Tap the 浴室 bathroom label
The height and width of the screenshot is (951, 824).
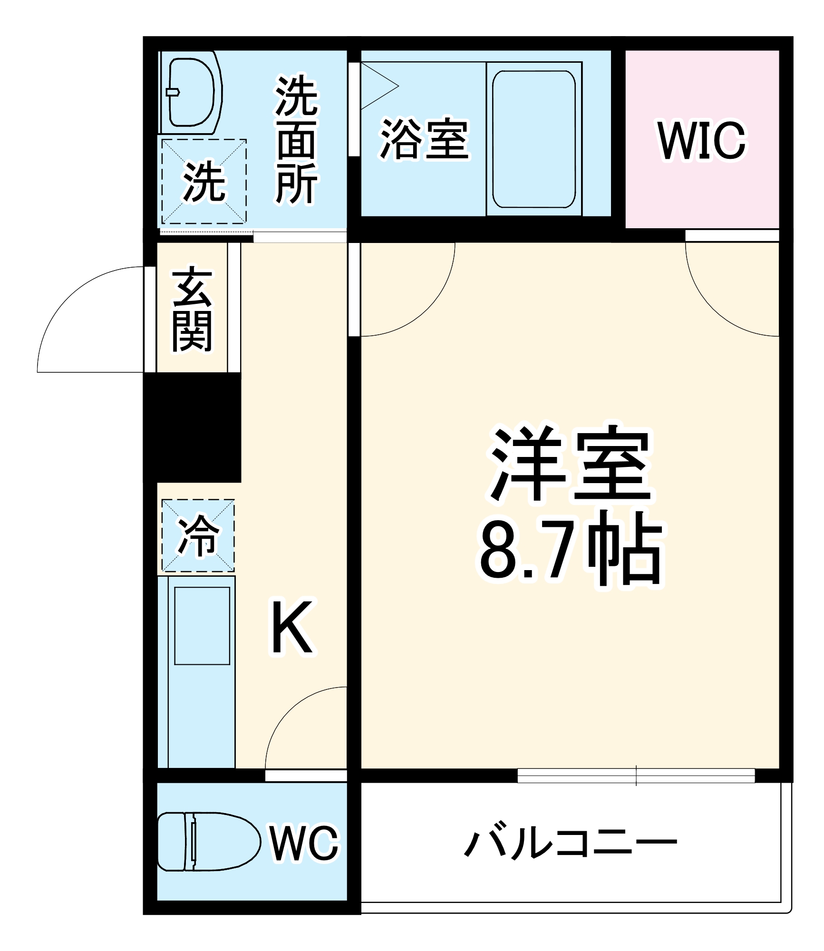(x=424, y=139)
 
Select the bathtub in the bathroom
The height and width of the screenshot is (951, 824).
(x=533, y=139)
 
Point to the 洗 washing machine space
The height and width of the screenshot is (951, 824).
(x=204, y=181)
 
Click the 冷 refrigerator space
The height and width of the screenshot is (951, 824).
(x=198, y=535)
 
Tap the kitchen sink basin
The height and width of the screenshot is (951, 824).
(x=202, y=626)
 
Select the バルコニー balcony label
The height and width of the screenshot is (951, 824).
(x=571, y=843)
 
